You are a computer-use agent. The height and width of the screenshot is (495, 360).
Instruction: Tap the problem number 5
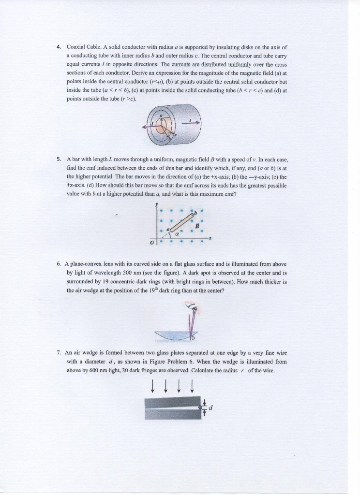click(58, 159)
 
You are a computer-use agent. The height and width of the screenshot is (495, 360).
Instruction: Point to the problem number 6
click(58, 264)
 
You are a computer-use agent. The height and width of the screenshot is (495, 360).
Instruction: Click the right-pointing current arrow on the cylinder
click(192, 123)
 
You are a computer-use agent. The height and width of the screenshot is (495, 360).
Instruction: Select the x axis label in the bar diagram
click(210, 238)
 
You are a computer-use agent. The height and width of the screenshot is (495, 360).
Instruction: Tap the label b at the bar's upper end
click(195, 211)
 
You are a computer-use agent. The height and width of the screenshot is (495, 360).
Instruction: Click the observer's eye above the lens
click(193, 308)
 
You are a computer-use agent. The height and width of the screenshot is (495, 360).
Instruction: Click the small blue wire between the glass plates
click(199, 408)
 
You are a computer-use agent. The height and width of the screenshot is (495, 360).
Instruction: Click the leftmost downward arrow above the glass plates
click(153, 385)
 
